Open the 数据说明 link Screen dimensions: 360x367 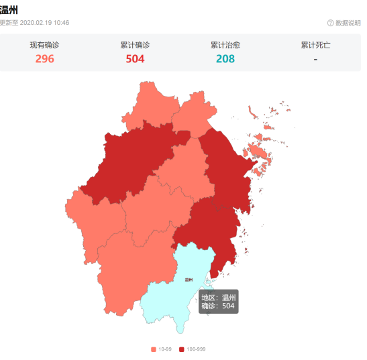pos(348,23)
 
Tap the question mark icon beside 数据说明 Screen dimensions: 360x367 pos(330,23)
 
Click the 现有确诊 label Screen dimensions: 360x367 pos(45,45)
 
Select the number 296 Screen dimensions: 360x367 pos(45,59)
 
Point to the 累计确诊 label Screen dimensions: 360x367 pos(135,45)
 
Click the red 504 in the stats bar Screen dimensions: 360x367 pos(135,59)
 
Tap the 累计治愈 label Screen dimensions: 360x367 pos(225,45)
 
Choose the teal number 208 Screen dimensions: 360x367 pos(225,59)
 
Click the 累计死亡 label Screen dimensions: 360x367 pos(315,45)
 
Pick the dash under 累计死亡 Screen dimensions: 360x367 pos(315,59)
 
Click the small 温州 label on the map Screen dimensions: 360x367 pos(189,280)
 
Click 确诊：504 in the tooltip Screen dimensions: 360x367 pos(218,306)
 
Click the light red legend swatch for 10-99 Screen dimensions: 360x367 pos(154,349)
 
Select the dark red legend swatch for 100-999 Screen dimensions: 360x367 pos(182,349)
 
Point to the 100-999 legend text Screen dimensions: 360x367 pos(197,349)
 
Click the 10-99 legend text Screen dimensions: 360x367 pos(165,349)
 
